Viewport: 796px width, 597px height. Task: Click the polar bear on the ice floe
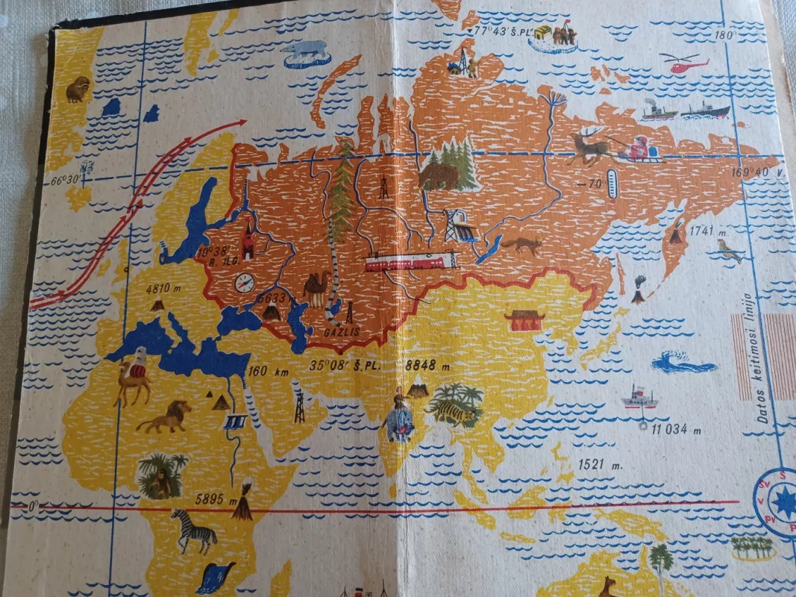point(307,51)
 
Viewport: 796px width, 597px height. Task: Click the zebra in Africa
point(193,529)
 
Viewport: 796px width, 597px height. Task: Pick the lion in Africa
point(165,418)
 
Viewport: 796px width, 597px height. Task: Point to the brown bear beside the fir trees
point(439,176)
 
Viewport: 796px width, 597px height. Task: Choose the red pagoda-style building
point(524,320)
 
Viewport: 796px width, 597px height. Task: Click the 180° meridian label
point(727,35)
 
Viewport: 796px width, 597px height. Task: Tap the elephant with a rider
point(400,421)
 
